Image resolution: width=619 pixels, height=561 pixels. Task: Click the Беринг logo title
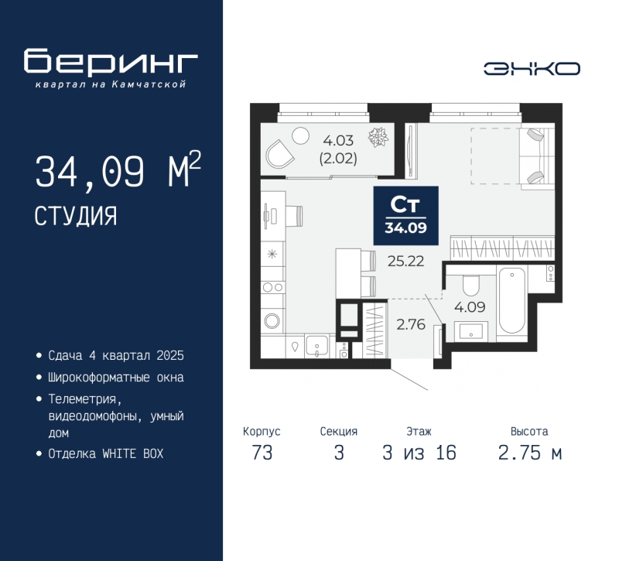pyautogui.click(x=111, y=61)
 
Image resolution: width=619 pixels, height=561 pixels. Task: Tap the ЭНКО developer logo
pyautogui.click(x=532, y=69)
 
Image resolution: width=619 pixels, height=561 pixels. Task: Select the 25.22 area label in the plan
pyautogui.click(x=405, y=261)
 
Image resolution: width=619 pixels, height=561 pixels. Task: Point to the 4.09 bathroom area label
pyautogui.click(x=470, y=306)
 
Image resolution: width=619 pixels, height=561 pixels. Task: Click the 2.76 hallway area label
pyautogui.click(x=411, y=324)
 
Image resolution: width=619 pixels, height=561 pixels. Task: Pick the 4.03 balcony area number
pyautogui.click(x=338, y=140)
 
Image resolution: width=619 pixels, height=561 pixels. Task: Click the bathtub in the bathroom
pyautogui.click(x=512, y=300)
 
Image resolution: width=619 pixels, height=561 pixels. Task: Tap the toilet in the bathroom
pyautogui.click(x=470, y=285)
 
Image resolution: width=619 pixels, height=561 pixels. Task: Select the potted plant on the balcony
pyautogui.click(x=378, y=137)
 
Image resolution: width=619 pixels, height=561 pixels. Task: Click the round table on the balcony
pyautogui.click(x=300, y=135)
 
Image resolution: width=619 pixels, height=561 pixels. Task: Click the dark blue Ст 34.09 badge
pyautogui.click(x=405, y=216)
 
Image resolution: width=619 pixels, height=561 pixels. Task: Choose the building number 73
pyautogui.click(x=262, y=453)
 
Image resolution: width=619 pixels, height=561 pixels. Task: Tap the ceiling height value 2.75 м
pyautogui.click(x=529, y=453)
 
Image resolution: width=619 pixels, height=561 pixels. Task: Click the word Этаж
pyautogui.click(x=419, y=432)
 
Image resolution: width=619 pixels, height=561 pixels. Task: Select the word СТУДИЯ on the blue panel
pyautogui.click(x=76, y=217)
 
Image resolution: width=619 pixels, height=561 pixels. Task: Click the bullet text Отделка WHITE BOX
pyautogui.click(x=106, y=453)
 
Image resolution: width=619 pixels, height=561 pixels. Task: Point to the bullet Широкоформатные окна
pyautogui.click(x=116, y=378)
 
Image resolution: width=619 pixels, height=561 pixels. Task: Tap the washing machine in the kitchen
pyautogui.click(x=272, y=320)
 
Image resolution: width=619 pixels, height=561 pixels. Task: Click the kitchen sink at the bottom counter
pyautogui.click(x=316, y=346)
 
